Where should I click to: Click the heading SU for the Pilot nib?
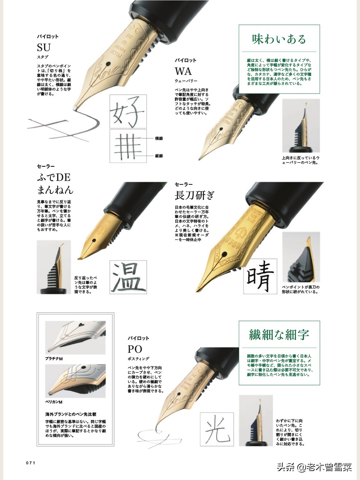(x=44, y=47)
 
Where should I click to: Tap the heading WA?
(x=183, y=71)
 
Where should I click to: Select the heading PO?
(x=135, y=349)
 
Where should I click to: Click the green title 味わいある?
(x=279, y=39)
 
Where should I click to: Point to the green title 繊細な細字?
(x=279, y=335)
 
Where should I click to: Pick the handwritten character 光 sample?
(x=217, y=429)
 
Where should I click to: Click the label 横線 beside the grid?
(x=159, y=138)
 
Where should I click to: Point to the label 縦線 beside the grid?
(x=159, y=156)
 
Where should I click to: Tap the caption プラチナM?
(x=54, y=359)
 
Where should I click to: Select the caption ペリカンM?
(x=54, y=402)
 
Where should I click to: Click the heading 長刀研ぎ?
(x=194, y=196)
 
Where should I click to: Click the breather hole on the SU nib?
(x=108, y=64)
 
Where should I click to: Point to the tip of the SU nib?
(x=75, y=108)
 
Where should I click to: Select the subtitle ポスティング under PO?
(x=138, y=359)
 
